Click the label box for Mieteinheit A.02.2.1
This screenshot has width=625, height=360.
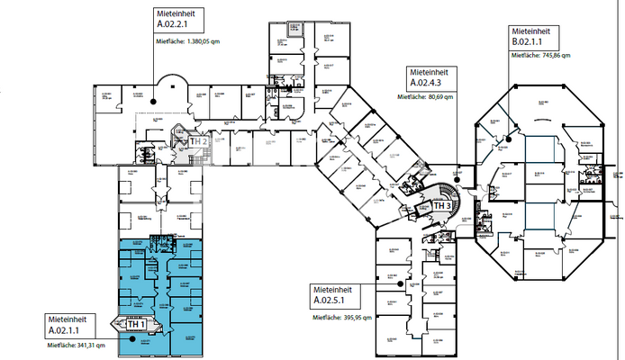(181, 21)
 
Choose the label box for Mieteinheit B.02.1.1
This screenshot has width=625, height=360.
(535, 36)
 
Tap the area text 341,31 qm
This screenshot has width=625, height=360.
(90, 346)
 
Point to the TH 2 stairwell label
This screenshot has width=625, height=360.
(199, 141)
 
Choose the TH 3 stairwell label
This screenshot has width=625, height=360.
(442, 205)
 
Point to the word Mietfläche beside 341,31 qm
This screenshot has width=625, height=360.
(61, 346)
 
